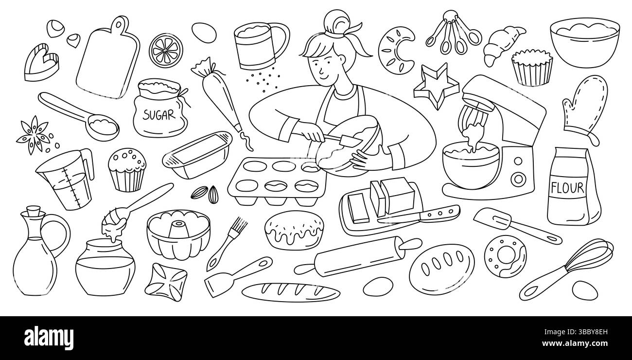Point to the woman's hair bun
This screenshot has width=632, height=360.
[x=337, y=22]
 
